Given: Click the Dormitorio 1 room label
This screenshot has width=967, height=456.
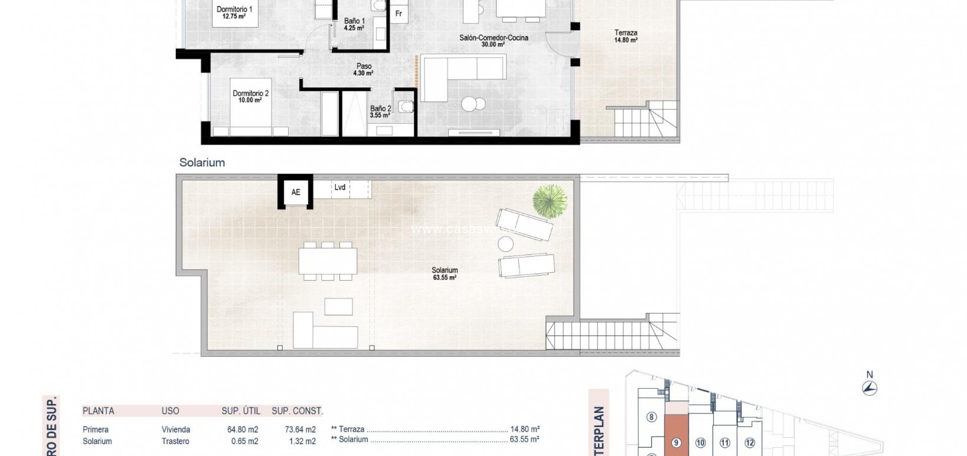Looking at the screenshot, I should (234, 12).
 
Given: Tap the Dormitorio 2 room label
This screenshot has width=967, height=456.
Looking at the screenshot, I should (250, 96).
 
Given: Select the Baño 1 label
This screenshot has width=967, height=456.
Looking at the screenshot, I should (354, 24).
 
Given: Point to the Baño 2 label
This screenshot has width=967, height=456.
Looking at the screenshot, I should (380, 111).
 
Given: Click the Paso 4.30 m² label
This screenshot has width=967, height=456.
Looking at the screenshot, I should (364, 70).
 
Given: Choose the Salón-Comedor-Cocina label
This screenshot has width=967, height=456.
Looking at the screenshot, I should (494, 41).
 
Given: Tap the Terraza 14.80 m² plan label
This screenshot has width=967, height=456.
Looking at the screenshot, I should (626, 37).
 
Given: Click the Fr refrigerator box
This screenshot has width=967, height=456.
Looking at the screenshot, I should (399, 14).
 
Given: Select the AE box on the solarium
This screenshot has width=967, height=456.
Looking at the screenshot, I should (296, 192).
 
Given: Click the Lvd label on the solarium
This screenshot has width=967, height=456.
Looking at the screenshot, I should (340, 188).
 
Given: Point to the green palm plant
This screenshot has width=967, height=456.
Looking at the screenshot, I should (550, 201).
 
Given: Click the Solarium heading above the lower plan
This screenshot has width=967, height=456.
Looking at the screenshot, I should (202, 163).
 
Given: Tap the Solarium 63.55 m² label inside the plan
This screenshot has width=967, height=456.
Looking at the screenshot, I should (445, 273).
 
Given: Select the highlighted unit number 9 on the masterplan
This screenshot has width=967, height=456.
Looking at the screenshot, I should (676, 442).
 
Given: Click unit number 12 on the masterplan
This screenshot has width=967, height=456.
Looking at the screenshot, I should (750, 442).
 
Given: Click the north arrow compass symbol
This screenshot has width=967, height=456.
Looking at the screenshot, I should (870, 387).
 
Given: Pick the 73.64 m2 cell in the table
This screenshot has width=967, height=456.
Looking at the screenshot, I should (300, 429).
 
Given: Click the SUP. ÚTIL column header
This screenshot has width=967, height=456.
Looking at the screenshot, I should (241, 411).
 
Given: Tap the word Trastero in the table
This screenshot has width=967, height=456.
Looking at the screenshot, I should (175, 441).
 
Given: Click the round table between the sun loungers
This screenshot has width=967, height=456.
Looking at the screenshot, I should (506, 244).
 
